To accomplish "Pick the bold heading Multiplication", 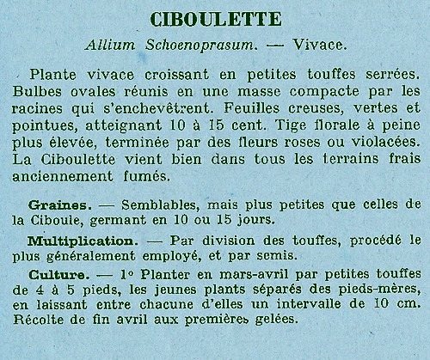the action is click(x=76, y=242).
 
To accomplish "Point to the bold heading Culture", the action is click(x=56, y=275).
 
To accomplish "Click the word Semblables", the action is click(x=163, y=206).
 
